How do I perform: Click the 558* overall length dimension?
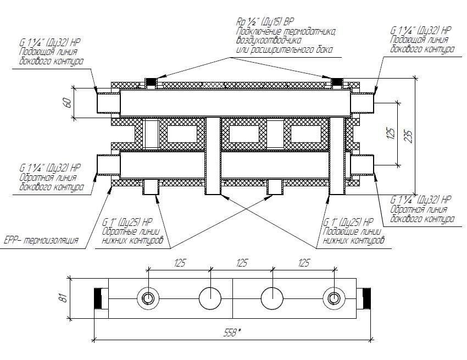tap(232, 332)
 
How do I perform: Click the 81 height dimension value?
tap(64, 298)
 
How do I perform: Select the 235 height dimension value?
tap(409, 136)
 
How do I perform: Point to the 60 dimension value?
tap(68, 103)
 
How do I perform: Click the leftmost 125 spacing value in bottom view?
tap(180, 263)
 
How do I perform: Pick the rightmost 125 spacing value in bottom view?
tap(303, 263)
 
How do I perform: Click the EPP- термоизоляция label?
tap(41, 240)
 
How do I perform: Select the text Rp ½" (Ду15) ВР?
tap(265, 22)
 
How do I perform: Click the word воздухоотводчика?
tap(269, 40)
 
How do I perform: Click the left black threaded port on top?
tap(151, 81)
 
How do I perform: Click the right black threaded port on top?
tap(337, 81)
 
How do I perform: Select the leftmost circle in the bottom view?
tap(148, 298)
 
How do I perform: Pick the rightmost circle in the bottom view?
tap(334, 298)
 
